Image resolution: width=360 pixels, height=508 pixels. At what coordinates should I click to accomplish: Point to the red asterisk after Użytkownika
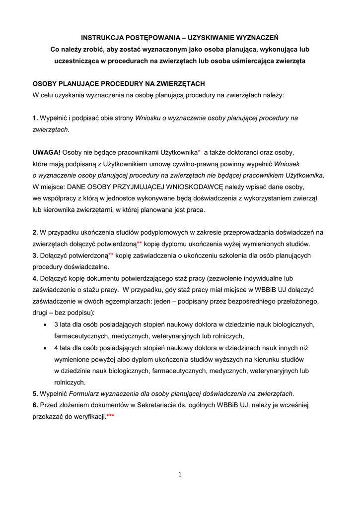point(199,151)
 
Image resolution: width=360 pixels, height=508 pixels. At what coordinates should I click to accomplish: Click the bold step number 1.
point(35,118)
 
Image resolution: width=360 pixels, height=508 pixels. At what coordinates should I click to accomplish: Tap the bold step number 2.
point(35,232)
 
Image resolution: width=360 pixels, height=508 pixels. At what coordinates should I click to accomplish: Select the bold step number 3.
point(35,255)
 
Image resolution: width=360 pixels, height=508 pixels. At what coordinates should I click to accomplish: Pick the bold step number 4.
point(35,278)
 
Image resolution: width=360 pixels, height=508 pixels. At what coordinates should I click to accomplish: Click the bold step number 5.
point(35,394)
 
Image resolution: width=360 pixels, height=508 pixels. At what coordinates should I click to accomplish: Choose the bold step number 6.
point(35,405)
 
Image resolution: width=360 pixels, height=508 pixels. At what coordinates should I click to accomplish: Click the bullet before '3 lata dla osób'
point(46,324)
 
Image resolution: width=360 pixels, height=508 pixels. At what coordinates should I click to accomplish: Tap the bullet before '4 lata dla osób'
point(46,348)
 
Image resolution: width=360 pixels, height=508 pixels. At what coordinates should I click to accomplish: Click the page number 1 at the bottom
point(180,475)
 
